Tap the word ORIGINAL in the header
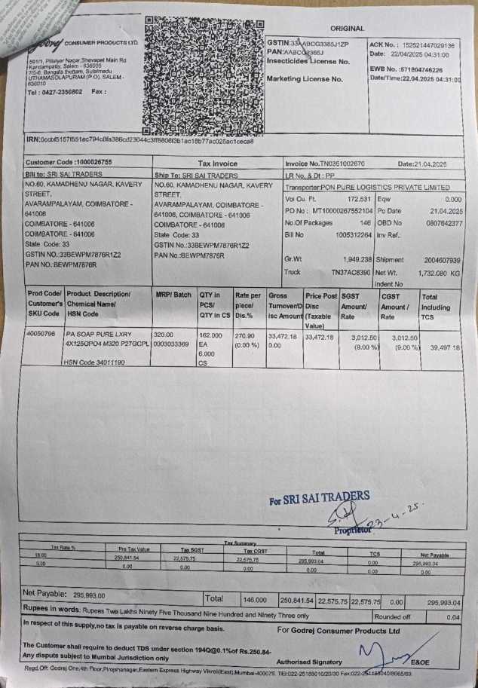pyautogui.click(x=347, y=29)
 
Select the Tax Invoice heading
pyautogui.click(x=217, y=164)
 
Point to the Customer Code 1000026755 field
pyautogui.click(x=69, y=163)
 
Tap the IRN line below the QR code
pyautogui.click(x=139, y=141)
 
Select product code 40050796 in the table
pyautogui.click(x=41, y=332)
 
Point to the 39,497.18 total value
pyautogui.click(x=444, y=347)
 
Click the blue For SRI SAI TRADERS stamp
pyautogui.click(x=320, y=498)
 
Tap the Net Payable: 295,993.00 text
pyautogui.click(x=64, y=594)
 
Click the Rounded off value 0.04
pyautogui.click(x=452, y=616)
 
